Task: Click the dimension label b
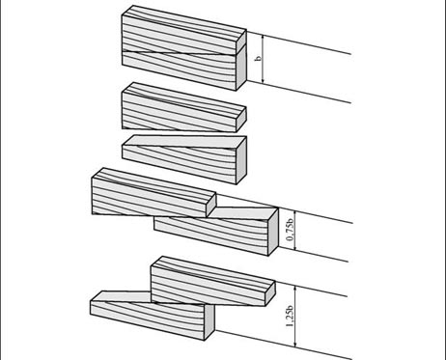pos(258,59)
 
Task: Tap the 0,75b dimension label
pos(290,230)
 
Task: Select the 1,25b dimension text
pos(290,318)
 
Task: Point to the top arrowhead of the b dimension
pos(264,39)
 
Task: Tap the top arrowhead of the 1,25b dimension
pos(295,290)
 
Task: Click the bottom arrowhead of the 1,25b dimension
pos(295,343)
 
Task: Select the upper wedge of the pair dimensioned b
pos(183,32)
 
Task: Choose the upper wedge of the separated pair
pos(183,108)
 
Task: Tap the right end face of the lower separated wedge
pos(241,160)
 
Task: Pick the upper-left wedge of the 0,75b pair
pos(153,192)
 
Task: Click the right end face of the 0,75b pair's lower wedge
pos(273,232)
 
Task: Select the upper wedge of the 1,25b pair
pos(212,281)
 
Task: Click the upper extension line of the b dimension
pos(298,42)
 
